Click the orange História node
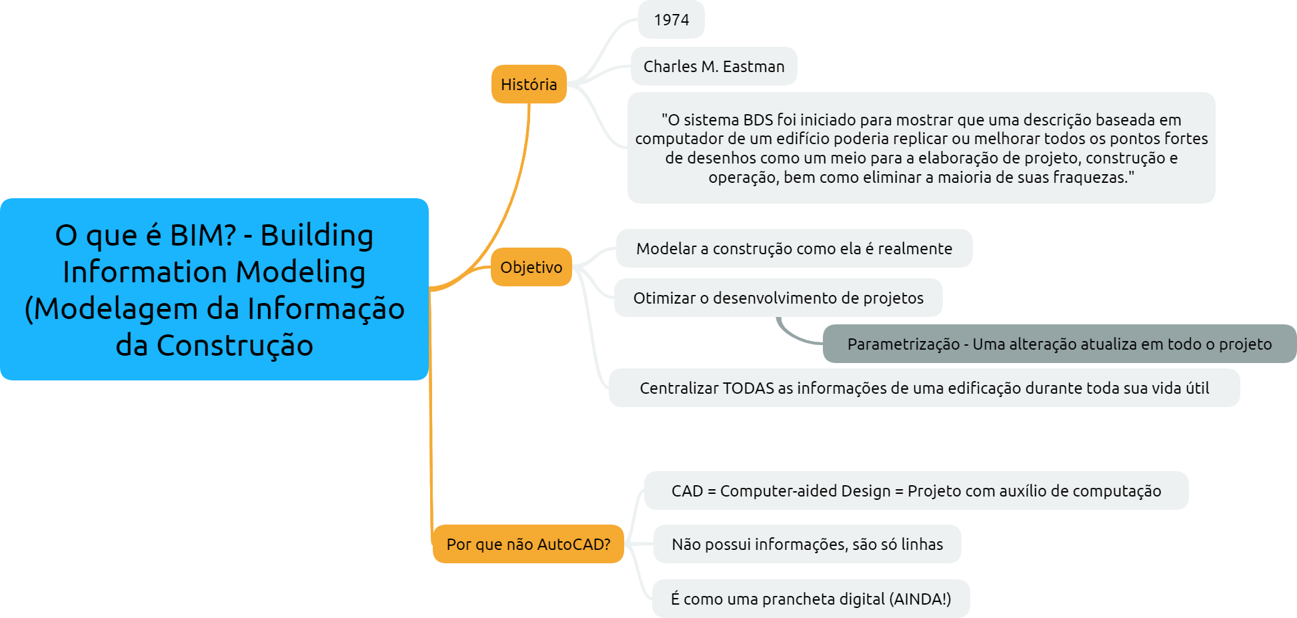click(x=529, y=84)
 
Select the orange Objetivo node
click(x=531, y=267)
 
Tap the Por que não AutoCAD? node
click(x=528, y=544)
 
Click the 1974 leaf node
click(x=671, y=20)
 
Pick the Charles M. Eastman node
click(x=714, y=66)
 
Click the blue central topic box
click(x=214, y=289)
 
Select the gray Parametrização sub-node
click(x=1059, y=344)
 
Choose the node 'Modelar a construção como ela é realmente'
click(x=794, y=248)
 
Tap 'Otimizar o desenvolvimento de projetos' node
click(x=778, y=298)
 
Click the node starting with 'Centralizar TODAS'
click(x=924, y=388)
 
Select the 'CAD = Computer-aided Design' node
click(x=916, y=491)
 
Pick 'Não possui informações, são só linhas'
click(x=807, y=544)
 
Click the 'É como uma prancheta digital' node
click(x=810, y=599)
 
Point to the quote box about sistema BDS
click(x=921, y=148)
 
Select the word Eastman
click(x=754, y=66)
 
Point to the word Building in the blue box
click(x=317, y=235)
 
